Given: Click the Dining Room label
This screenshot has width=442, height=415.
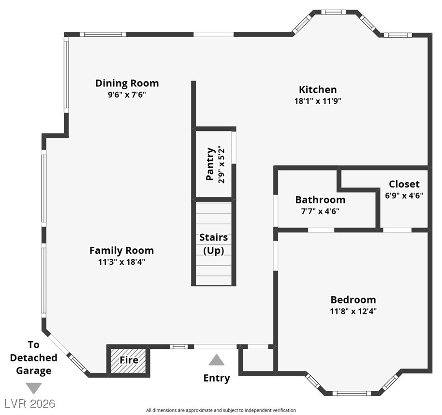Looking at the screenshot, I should click(127, 83).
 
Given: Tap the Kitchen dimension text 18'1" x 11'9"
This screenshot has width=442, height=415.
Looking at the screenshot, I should click(317, 101).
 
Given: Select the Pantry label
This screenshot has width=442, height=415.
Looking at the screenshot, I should click(210, 164).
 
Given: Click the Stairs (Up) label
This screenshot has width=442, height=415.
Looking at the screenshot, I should click(213, 244).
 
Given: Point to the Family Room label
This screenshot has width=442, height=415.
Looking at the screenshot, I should click(121, 250).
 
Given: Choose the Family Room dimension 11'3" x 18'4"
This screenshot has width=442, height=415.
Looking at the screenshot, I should click(121, 262).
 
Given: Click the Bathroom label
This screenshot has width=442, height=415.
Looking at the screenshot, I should click(320, 200).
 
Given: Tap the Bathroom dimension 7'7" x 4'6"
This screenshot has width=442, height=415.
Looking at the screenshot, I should click(320, 211).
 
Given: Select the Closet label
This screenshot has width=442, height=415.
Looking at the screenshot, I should click(404, 184).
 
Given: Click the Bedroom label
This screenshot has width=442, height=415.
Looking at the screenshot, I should click(353, 300).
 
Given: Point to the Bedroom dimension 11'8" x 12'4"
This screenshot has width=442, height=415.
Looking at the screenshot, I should click(353, 311).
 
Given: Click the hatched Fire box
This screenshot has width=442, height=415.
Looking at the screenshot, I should click(129, 360).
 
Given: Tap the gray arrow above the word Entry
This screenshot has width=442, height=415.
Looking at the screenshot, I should click(217, 360).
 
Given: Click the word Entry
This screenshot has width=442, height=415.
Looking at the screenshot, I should click(217, 378).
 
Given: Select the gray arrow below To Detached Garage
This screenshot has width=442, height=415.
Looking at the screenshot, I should click(33, 388).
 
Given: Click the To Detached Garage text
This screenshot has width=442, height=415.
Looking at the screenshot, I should click(33, 358).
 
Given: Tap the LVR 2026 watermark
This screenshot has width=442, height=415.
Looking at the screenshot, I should click(29, 403).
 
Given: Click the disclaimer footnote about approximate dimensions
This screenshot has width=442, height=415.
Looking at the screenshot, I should click(221, 410).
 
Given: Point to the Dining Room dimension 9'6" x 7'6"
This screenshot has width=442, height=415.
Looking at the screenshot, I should click(127, 95).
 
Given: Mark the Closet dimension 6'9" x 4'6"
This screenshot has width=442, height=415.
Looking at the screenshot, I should click(404, 196).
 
